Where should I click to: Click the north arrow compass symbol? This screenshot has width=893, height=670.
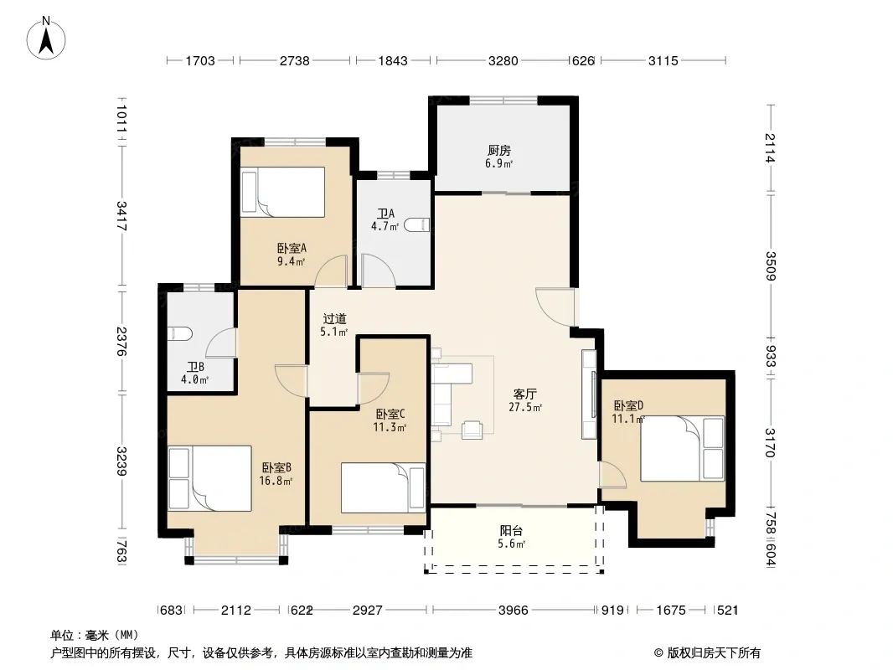click(x=46, y=39)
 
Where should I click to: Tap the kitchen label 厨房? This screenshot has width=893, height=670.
click(x=499, y=150)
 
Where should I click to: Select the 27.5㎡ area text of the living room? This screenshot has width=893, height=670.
click(x=525, y=407)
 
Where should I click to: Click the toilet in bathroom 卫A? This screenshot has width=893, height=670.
click(x=417, y=224)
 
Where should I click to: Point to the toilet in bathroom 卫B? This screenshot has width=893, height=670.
click(x=180, y=333)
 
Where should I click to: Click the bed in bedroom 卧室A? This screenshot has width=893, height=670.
click(x=282, y=192)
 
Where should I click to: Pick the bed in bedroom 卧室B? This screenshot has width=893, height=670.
click(x=209, y=478)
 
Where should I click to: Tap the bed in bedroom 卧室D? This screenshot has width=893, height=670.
click(x=682, y=449)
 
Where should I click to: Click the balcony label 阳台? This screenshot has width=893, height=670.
click(x=511, y=530)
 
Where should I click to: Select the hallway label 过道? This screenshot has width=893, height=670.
click(x=334, y=319)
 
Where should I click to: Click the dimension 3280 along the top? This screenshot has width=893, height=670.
click(x=503, y=60)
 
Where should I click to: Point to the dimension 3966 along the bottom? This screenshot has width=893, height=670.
click(x=514, y=611)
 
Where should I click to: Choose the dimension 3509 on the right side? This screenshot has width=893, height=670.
click(x=770, y=265)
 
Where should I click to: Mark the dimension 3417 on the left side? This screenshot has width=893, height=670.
click(x=121, y=216)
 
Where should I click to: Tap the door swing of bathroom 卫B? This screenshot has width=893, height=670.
click(x=221, y=343)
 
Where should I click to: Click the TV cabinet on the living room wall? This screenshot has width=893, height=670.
click(x=589, y=394)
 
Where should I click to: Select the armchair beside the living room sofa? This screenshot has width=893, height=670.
click(x=472, y=430)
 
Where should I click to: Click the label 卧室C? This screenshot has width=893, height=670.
click(x=390, y=414)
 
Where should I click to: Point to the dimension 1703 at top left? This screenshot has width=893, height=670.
click(x=200, y=60)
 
